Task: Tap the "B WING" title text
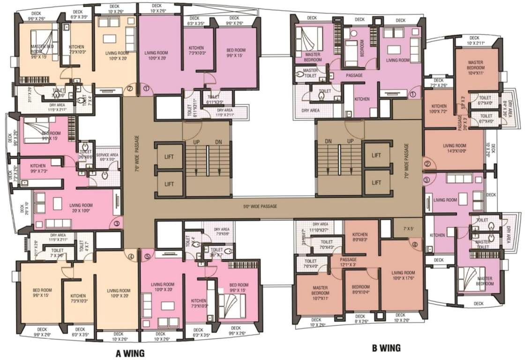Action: pos(386,348)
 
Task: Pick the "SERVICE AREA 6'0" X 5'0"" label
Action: pos(106,157)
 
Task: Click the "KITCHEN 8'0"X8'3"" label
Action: pos(360,237)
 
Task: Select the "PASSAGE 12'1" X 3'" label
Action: pos(348,262)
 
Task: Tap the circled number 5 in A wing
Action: pos(148,256)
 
